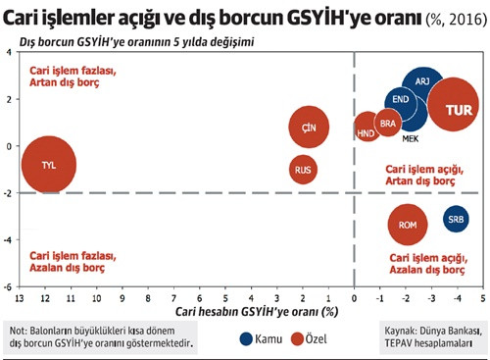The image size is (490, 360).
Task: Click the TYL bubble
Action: tap(47, 164)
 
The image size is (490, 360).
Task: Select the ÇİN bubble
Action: tap(309, 129)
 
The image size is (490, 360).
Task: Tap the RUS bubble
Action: tap(305, 170)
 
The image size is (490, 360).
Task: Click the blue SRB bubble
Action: tap(456, 220)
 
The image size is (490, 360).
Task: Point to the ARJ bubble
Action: tap(423, 83)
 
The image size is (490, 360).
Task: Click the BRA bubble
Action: tap(388, 124)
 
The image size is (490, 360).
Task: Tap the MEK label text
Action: tap(411, 138)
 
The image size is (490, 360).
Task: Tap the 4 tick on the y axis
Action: tap(8, 52)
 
